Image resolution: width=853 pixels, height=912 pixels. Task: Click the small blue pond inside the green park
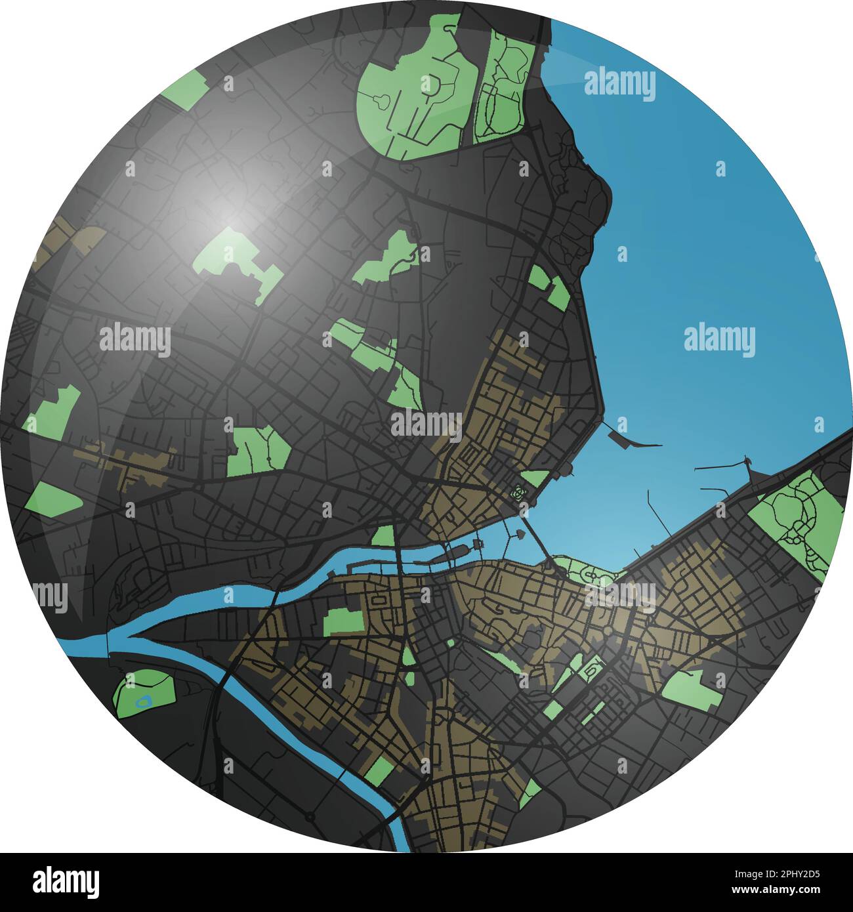(x=142, y=701)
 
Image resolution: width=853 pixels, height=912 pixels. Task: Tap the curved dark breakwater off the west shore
(x=631, y=438)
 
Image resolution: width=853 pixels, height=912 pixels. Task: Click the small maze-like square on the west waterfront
(x=519, y=492)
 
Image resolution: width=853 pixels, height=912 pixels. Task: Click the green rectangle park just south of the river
(x=343, y=621)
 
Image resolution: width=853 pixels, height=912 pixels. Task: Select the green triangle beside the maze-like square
(x=535, y=477)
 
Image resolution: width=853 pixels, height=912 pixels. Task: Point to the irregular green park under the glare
(x=236, y=262)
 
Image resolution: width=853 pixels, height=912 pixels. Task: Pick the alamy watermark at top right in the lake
(x=619, y=85)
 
